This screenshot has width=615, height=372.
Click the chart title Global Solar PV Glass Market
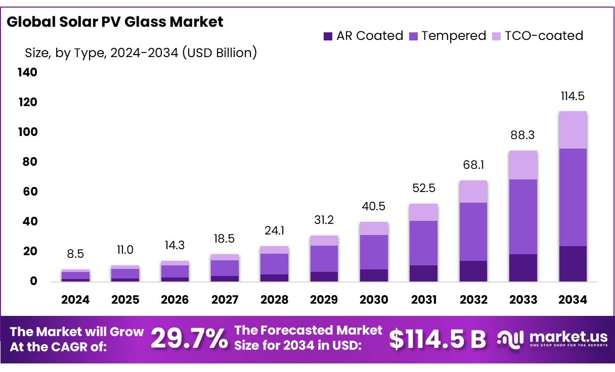coord(115,22)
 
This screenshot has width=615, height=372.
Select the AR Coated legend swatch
coord(328,36)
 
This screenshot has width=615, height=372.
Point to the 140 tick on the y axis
coord(27,72)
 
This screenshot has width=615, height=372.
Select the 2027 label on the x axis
coord(225,300)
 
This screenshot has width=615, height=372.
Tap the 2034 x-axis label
coord(573,300)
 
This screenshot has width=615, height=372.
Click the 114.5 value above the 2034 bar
coord(573,96)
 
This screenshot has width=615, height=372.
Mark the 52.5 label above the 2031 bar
coord(424,189)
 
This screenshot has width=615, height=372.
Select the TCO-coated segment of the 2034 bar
coord(573,130)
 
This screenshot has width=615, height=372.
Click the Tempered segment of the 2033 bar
coord(523,217)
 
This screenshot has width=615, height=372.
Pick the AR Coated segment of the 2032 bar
coord(473,271)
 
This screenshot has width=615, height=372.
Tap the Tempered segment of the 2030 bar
coord(374,252)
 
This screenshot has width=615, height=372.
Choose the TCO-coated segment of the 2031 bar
coord(424,212)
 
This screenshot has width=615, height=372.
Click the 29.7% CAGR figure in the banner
coord(189,339)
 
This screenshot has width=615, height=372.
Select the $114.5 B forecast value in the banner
coord(437,339)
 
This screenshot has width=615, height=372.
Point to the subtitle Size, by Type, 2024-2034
coord(141,53)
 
